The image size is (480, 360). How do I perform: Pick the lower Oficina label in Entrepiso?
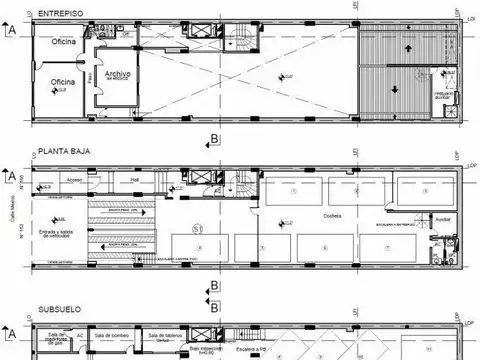click(x=64, y=82)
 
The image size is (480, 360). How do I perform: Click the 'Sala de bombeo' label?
click(x=114, y=336)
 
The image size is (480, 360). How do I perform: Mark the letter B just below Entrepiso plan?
click(x=214, y=137)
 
